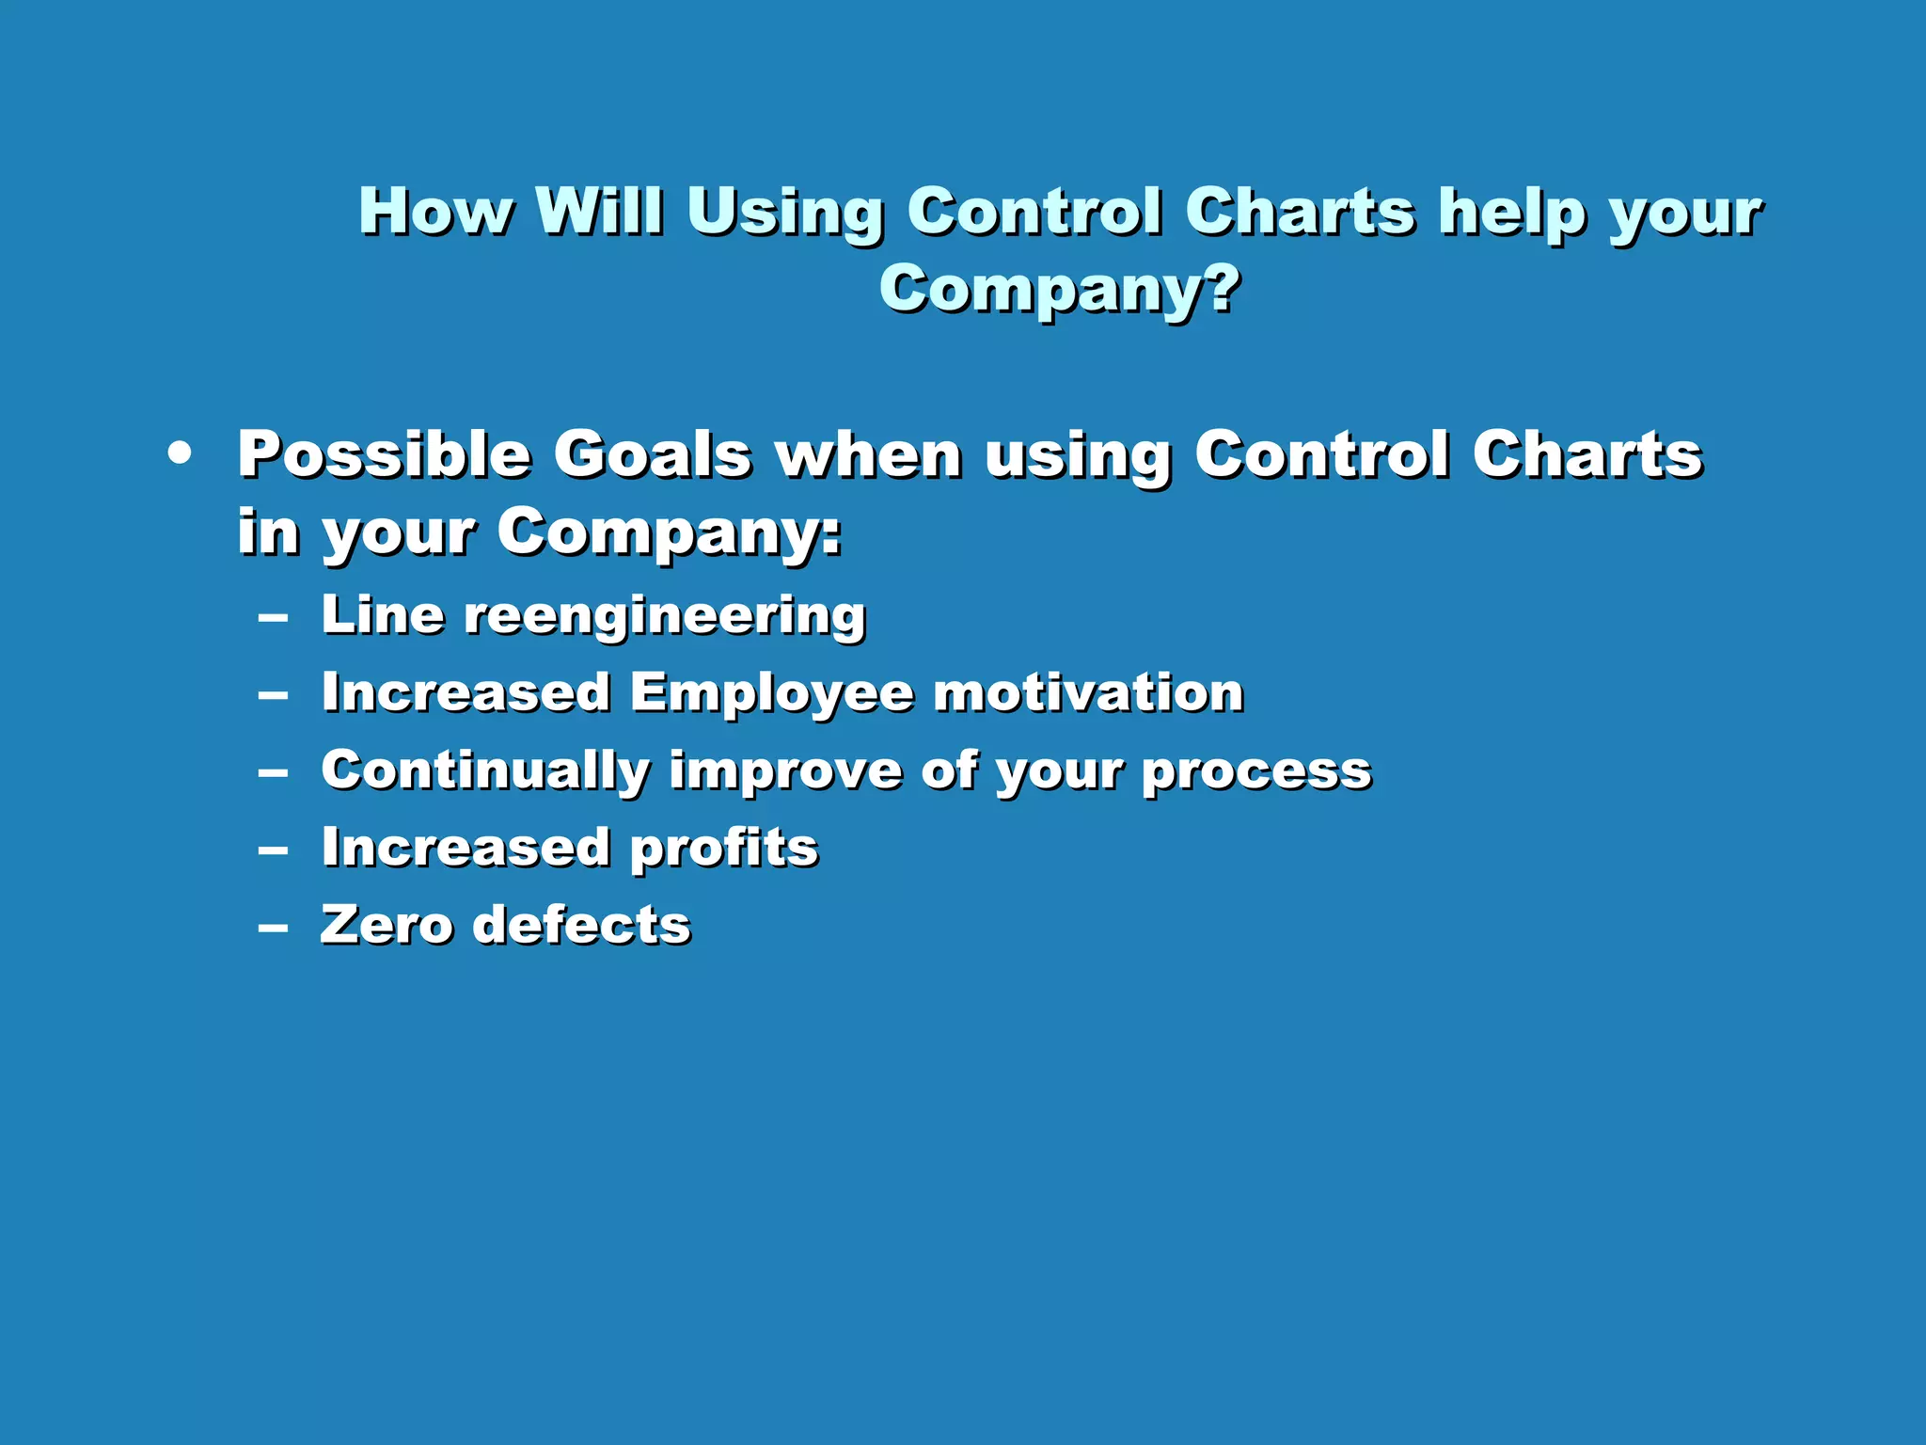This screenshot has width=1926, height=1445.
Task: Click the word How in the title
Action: [435, 211]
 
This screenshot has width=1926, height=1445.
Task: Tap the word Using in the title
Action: [784, 214]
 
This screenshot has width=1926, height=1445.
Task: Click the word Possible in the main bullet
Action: [384, 455]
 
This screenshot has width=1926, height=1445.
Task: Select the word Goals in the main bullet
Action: [652, 455]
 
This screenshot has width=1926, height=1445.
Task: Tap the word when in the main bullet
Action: [868, 455]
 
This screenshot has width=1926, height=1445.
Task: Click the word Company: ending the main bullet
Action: [669, 534]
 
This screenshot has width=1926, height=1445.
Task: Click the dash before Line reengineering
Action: [273, 618]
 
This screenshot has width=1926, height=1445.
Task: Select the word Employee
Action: [771, 694]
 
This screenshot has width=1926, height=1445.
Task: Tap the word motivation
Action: [1088, 693]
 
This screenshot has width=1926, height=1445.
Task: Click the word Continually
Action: [485, 771]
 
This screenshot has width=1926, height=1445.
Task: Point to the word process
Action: [1256, 773]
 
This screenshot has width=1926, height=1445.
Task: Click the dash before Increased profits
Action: [273, 850]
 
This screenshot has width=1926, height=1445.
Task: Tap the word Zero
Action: [387, 925]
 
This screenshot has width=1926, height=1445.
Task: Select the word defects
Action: [581, 925]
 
